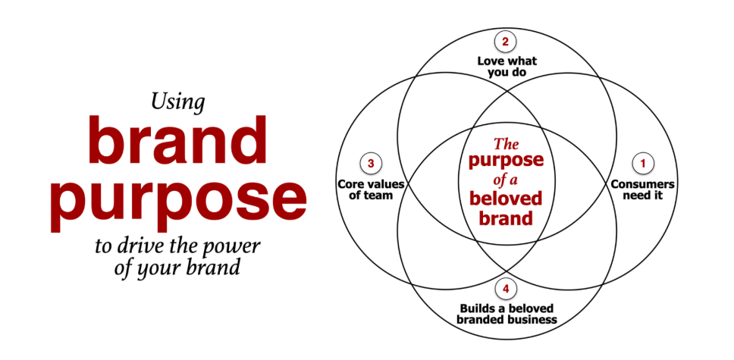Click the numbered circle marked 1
tap(643, 162)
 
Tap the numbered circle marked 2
tap(505, 42)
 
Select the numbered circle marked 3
tap(370, 163)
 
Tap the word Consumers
tap(642, 184)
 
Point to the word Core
tap(352, 184)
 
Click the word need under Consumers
tap(635, 196)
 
